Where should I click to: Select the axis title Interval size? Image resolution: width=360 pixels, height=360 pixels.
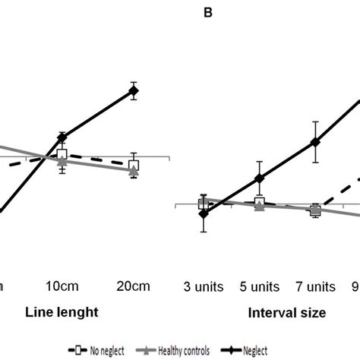click(x=286, y=312)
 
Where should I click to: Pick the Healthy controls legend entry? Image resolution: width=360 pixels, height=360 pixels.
click(x=177, y=350)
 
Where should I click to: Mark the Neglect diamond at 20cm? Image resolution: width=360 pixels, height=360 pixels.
click(x=134, y=91)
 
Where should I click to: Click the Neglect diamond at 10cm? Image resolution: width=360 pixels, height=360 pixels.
click(x=62, y=137)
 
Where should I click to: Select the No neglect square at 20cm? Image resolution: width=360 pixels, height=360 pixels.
click(x=134, y=165)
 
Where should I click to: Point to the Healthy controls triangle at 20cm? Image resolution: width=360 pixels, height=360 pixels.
click(x=134, y=172)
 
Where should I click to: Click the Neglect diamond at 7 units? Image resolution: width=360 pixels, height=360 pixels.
click(x=315, y=142)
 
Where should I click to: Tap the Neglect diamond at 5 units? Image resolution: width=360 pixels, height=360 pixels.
click(x=259, y=178)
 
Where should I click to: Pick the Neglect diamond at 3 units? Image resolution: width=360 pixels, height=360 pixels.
click(x=203, y=213)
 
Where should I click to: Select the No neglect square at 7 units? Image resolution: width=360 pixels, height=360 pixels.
click(x=315, y=210)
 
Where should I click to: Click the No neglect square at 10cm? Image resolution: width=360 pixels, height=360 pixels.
click(x=62, y=156)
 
